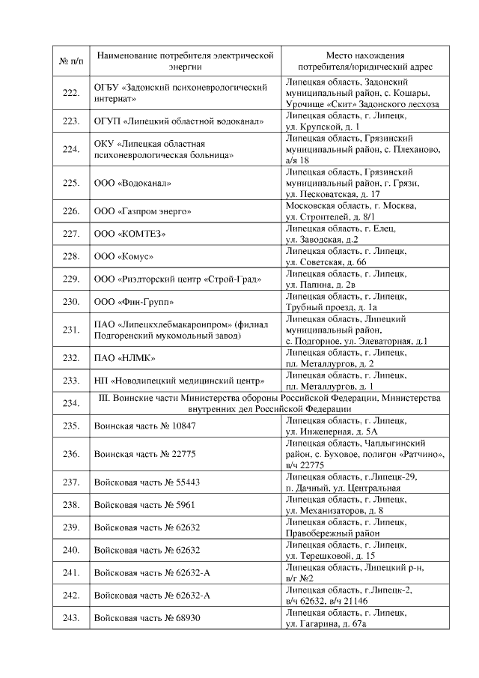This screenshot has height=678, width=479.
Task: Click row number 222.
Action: tap(71, 93)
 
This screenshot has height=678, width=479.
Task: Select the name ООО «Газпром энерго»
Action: tap(142, 211)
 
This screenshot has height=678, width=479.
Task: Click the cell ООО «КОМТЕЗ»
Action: tap(129, 234)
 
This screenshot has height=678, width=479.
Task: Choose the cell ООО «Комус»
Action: tap(123, 256)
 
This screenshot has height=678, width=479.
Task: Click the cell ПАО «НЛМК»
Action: tap(124, 358)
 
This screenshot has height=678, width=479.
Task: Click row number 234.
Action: tap(71, 403)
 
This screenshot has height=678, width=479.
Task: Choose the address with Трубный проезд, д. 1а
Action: tap(346, 302)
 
